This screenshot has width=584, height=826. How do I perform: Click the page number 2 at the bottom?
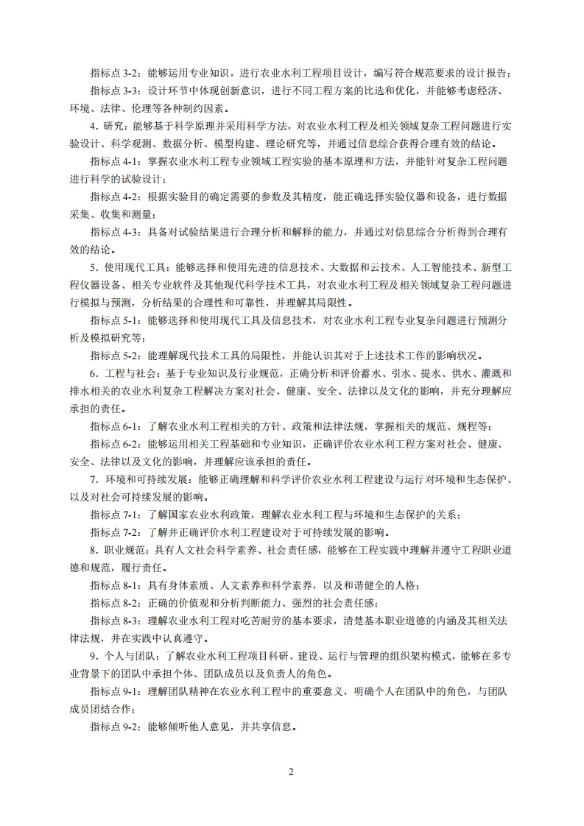point(291,772)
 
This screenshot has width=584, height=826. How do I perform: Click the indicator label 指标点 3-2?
point(116,73)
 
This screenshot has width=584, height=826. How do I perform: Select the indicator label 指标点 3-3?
point(116,91)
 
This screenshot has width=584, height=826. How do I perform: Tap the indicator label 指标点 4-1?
point(116,161)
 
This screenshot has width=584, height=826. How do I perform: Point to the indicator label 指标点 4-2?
point(116,197)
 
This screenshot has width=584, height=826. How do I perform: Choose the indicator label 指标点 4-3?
point(116,232)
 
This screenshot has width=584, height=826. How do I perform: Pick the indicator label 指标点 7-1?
point(116,515)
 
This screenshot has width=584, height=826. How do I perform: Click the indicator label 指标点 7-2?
point(116,532)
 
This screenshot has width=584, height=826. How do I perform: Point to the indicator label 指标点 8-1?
point(116,585)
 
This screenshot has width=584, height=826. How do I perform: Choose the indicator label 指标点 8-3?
point(116,621)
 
